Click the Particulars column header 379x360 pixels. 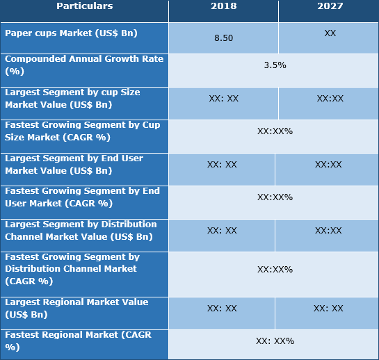click(84, 6)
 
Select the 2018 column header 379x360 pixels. click(223, 6)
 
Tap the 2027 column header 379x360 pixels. click(329, 6)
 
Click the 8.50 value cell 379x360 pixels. click(223, 38)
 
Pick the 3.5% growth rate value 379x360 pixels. click(275, 65)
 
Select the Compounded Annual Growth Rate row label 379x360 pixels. click(84, 65)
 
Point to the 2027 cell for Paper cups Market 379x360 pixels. click(330, 33)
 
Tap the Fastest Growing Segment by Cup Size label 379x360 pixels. click(83, 131)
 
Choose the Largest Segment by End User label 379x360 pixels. click(74, 164)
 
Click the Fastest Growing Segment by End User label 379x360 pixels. click(82, 197)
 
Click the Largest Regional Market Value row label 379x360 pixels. click(76, 308)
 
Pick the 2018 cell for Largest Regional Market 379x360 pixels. click(222, 309)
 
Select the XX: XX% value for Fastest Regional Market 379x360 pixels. click(275, 341)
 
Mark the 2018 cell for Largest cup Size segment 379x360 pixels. click(223, 99)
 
